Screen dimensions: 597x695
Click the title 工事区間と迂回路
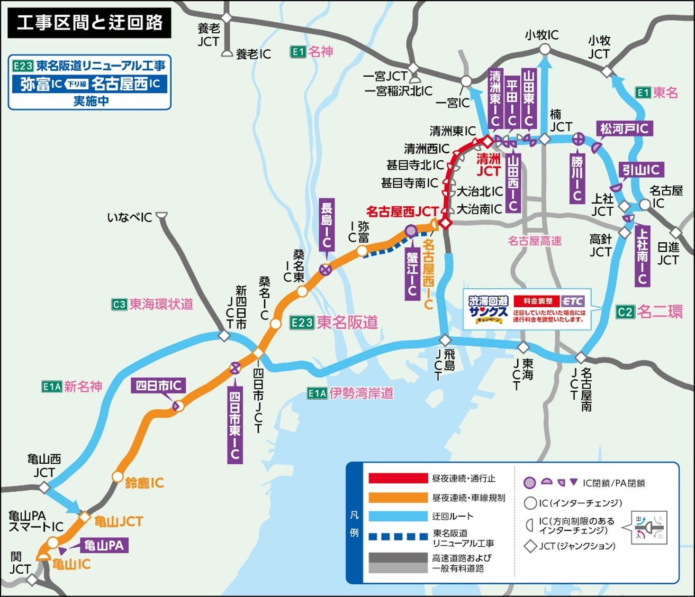coord(89,23)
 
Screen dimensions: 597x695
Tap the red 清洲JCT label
coord(488,165)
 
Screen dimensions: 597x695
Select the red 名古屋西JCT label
coord(402,212)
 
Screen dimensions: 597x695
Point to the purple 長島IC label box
coord(327,225)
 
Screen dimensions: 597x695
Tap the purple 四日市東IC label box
coord(235,426)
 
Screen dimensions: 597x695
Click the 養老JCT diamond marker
coord(227,18)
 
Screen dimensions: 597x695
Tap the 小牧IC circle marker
coord(545,50)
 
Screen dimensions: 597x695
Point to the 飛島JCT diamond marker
coord(445,339)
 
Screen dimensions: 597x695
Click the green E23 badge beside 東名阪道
coord(302,323)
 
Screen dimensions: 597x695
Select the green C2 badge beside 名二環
coord(625,312)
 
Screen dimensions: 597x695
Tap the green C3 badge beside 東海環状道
coord(119,305)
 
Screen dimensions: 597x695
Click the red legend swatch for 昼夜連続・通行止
coord(398,479)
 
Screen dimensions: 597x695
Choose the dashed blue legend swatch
coord(398,537)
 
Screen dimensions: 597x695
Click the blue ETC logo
coord(573,301)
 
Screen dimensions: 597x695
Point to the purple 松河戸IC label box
coord(624,128)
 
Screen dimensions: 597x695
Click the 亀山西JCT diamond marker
coord(44,487)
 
